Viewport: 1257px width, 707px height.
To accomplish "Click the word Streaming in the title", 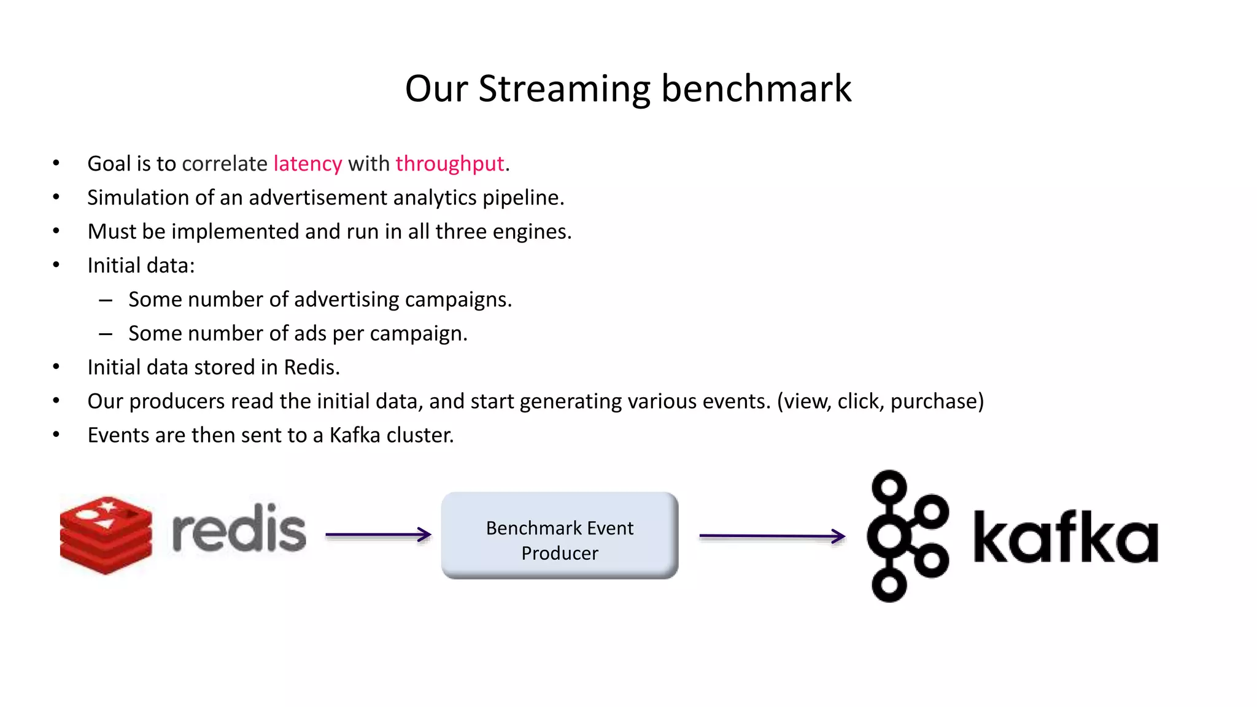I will click(563, 90).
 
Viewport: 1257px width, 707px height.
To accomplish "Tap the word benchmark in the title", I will click(756, 88).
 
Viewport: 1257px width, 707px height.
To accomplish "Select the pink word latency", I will click(307, 164).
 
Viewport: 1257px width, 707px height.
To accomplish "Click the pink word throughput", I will click(450, 164).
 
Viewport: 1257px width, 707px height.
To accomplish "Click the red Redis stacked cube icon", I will click(106, 535).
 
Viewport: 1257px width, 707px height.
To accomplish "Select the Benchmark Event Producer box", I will click(560, 535).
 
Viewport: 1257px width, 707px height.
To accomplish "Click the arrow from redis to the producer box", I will click(378, 535).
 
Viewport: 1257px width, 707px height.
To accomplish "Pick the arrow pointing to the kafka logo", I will click(772, 536).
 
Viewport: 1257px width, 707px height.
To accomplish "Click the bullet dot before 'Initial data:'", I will click(56, 265).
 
